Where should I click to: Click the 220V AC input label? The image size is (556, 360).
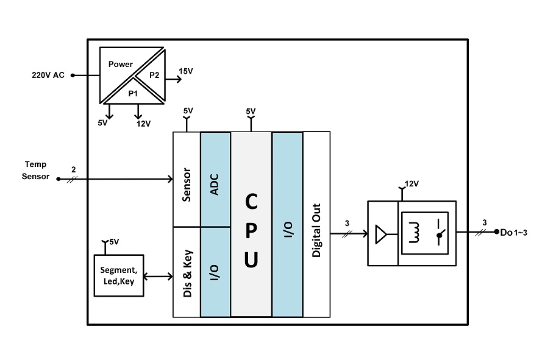[x=48, y=75]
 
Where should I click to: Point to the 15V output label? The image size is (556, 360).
[x=186, y=71]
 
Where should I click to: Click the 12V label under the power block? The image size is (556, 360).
[x=144, y=124]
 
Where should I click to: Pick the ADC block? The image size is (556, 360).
[x=215, y=179]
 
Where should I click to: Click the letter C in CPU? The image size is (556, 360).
[x=251, y=201]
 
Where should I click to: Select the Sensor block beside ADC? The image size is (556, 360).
[x=187, y=179]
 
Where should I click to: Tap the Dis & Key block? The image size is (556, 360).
[x=187, y=272]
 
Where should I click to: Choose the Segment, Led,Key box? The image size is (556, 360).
[x=119, y=275]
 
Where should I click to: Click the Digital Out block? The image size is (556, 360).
[x=316, y=224]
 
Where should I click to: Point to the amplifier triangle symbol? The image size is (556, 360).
[x=380, y=234]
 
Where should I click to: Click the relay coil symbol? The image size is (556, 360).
[x=414, y=233]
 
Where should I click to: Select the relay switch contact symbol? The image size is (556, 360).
[x=440, y=233]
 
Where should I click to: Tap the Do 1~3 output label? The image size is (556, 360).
[x=513, y=233]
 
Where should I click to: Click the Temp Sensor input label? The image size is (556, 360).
[x=35, y=170]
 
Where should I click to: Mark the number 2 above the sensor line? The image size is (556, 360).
[x=73, y=170]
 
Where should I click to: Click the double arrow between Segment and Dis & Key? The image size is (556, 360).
[x=158, y=277]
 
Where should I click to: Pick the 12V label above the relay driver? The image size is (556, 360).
[x=412, y=184]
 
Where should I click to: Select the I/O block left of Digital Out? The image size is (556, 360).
[x=287, y=224]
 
